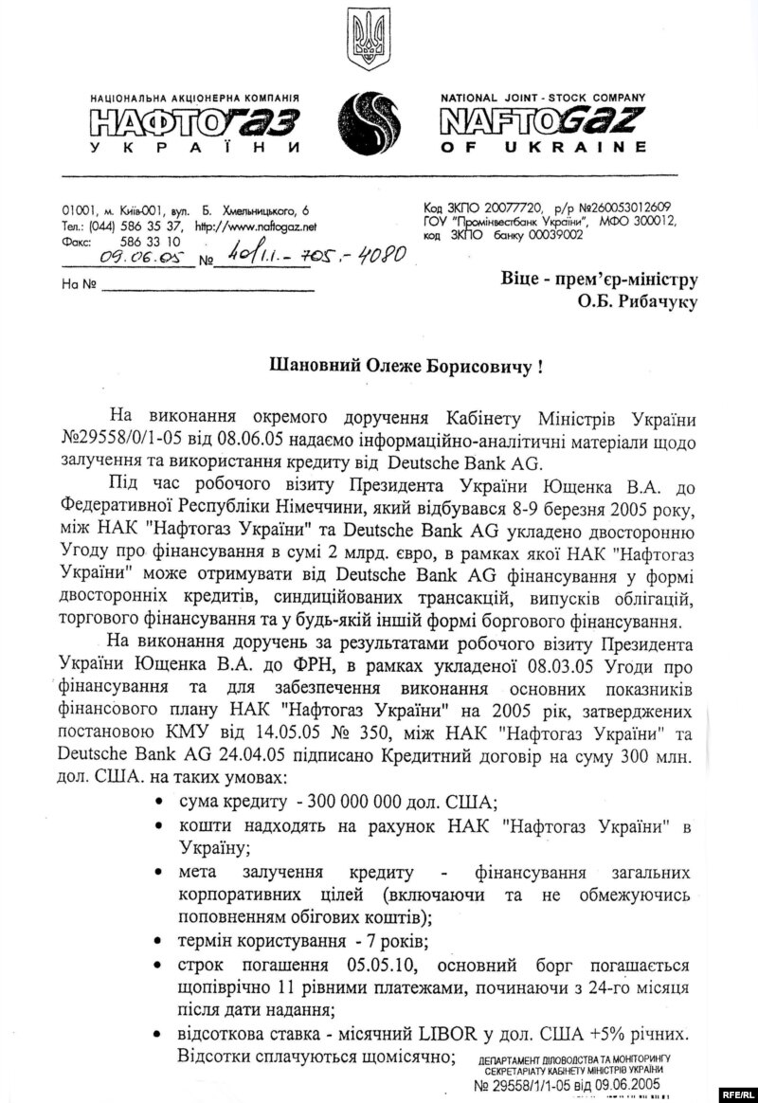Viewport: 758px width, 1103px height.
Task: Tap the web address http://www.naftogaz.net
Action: tap(255, 227)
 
